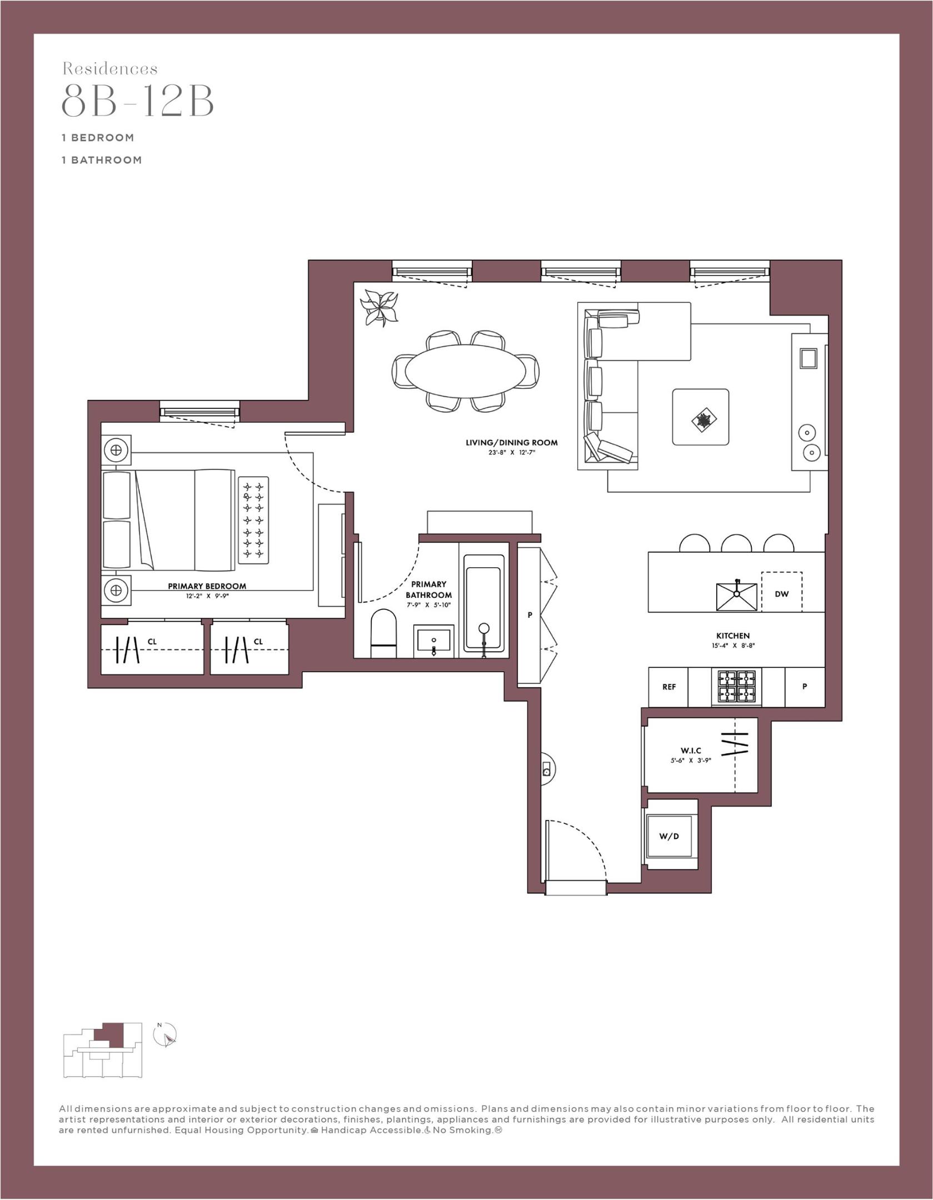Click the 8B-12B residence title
tap(137, 101)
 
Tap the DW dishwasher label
tap(781, 593)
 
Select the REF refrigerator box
tap(668, 687)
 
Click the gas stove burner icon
tap(736, 687)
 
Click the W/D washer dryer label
tap(669, 836)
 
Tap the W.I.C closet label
tap(691, 751)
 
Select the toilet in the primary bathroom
tap(384, 634)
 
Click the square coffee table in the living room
tap(700, 417)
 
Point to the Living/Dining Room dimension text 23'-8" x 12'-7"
tap(511, 453)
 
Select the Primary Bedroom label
tap(207, 586)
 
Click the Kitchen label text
tap(732, 636)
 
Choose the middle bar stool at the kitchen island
tap(736, 543)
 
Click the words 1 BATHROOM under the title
tap(102, 160)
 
